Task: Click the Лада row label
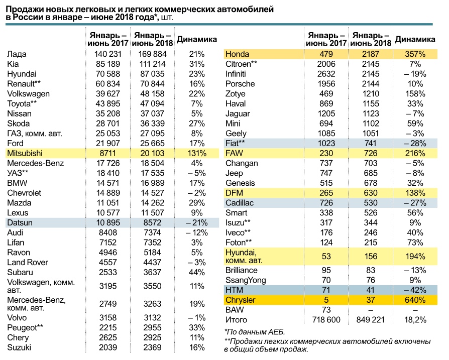tap(17, 54)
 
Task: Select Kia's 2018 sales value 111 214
tap(152, 64)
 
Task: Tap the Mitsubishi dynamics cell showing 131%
tap(197, 153)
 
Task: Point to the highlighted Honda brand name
tap(237, 54)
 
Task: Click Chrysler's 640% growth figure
tap(415, 300)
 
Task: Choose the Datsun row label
tap(20, 223)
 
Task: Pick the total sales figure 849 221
tap(370, 320)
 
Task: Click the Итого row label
tap(236, 320)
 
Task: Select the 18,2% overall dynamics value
tap(415, 320)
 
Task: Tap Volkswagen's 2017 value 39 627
tap(108, 94)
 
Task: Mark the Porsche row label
tap(240, 84)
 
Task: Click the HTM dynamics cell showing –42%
tap(415, 290)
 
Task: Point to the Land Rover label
tap(28, 263)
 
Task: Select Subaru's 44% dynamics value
tap(197, 273)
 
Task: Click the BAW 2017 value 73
tap(326, 310)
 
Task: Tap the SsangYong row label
tap(246, 281)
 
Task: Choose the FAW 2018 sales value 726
tap(371, 153)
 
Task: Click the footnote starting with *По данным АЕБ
tap(255, 332)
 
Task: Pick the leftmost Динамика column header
tap(197, 40)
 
